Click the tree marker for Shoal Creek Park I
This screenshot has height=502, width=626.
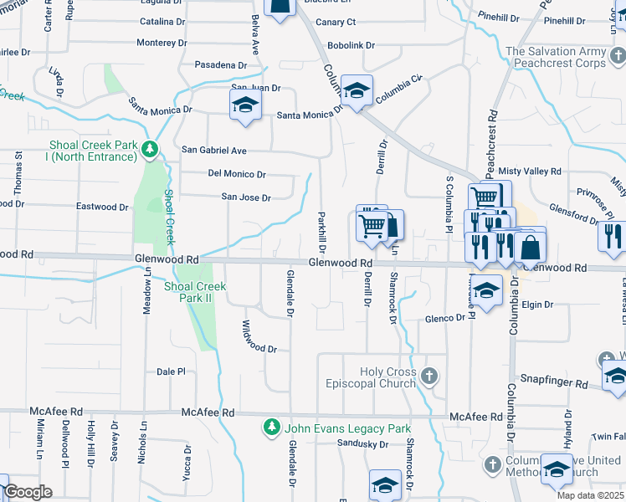150,150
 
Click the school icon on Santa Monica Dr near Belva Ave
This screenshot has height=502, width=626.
245,105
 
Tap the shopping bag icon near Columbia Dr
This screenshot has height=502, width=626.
531,247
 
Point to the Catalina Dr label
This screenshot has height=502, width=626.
162,22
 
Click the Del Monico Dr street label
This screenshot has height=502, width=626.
237,175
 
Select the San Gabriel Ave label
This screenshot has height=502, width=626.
214,151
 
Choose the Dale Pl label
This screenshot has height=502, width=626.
171,371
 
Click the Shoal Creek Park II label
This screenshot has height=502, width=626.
195,292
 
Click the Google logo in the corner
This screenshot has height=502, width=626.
28,492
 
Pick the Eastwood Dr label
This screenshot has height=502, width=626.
102,207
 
